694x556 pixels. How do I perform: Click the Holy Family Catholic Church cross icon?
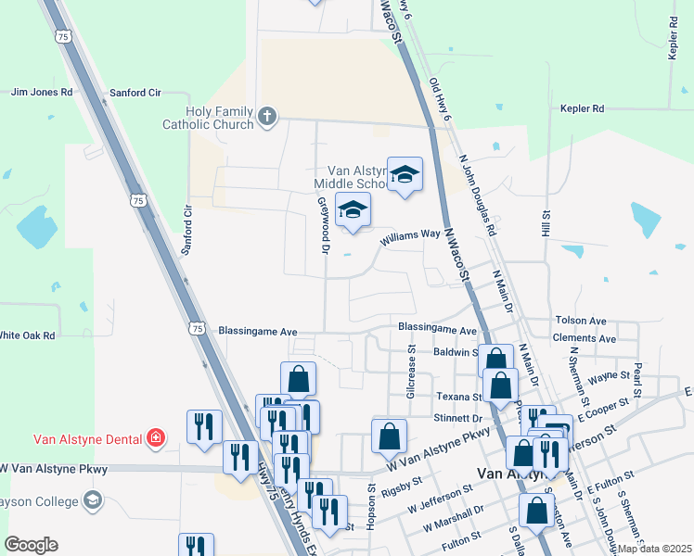(x=267, y=116)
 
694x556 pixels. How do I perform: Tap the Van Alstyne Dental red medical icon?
(x=157, y=438)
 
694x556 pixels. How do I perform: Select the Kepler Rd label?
(x=582, y=108)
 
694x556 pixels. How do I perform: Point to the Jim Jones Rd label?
(x=41, y=93)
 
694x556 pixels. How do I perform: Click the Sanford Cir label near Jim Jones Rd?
(x=135, y=93)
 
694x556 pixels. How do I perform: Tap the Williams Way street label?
(x=408, y=234)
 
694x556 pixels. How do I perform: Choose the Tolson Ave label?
(x=580, y=321)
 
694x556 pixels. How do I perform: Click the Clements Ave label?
(x=584, y=339)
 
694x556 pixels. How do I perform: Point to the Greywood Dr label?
(x=325, y=226)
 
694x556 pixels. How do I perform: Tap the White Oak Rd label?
(x=28, y=335)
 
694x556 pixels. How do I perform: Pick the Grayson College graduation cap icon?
(x=92, y=501)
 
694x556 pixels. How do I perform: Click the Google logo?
(x=30, y=545)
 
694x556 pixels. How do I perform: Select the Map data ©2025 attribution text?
(x=654, y=549)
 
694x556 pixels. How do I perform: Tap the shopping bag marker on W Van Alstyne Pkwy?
(x=389, y=436)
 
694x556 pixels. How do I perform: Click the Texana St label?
(x=456, y=396)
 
